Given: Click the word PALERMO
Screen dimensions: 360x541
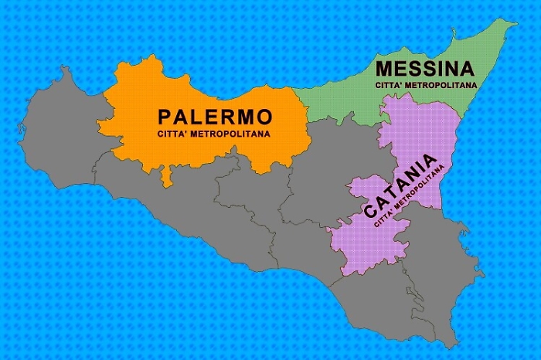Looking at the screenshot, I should point(215,117).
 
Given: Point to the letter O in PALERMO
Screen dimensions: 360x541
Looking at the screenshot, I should point(264,117).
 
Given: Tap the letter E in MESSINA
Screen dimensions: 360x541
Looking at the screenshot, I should point(397,70).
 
